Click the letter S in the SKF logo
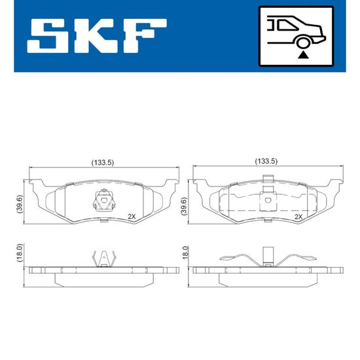pyautogui.click(x=47, y=35)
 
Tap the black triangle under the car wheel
pyautogui.click(x=303, y=55)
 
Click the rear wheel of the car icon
pyautogui.click(x=303, y=43)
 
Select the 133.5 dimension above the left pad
pyautogui.click(x=103, y=163)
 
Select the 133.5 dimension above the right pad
pyautogui.click(x=266, y=162)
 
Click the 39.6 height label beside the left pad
pyautogui.click(x=20, y=204)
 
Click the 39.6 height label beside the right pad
pyautogui.click(x=184, y=206)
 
